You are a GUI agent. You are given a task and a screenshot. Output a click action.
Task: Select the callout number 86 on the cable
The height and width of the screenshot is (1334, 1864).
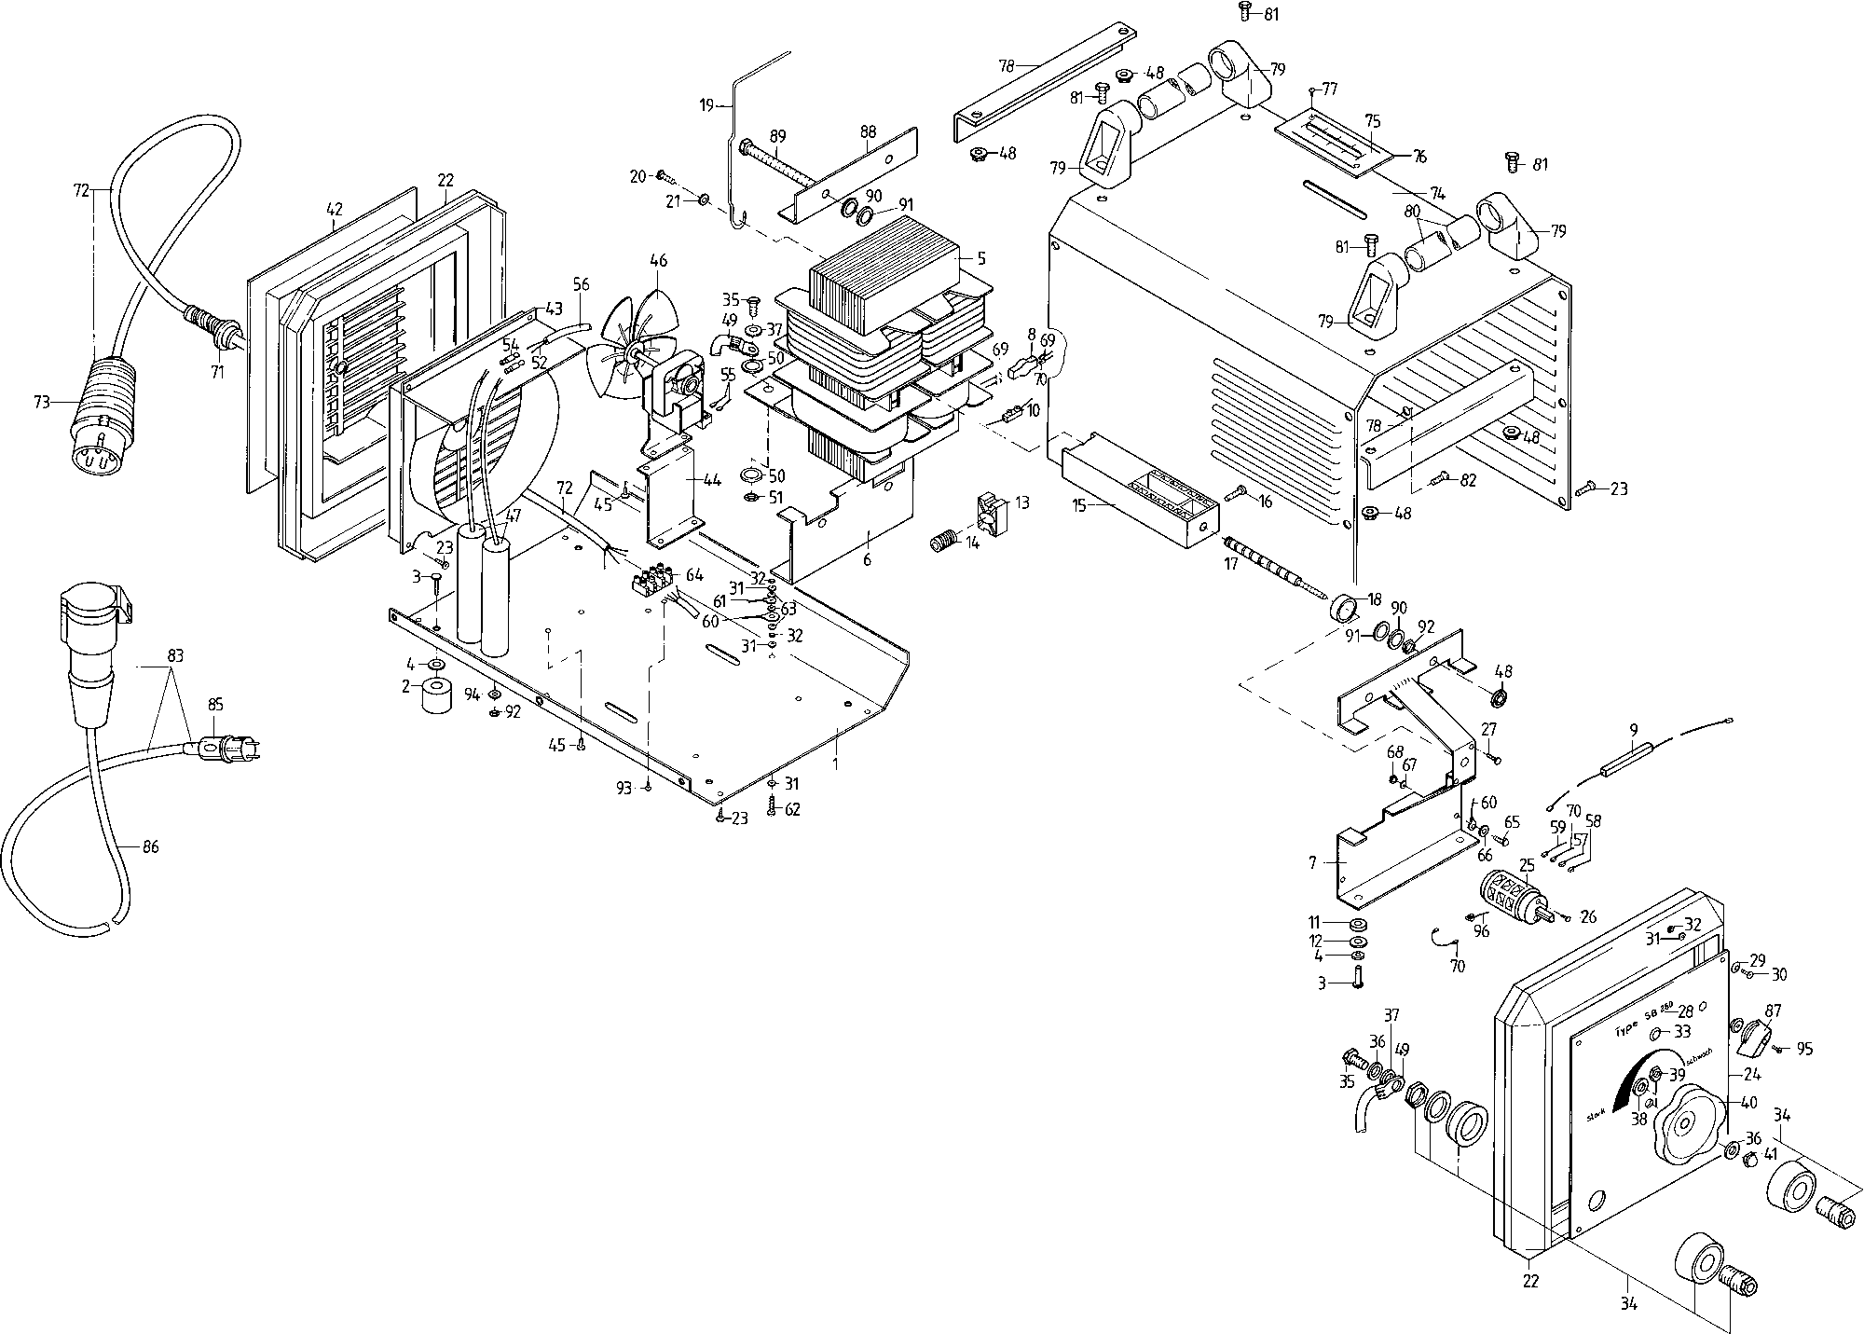point(151,847)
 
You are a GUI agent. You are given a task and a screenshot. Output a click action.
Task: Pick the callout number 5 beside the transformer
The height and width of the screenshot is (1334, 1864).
point(980,257)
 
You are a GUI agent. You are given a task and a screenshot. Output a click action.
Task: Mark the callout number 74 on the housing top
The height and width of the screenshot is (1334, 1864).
point(1437,193)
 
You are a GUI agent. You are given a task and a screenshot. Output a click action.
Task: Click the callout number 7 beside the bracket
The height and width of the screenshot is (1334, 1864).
point(1313,863)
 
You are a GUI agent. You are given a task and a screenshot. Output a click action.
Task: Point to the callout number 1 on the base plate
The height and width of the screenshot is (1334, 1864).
point(836,763)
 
